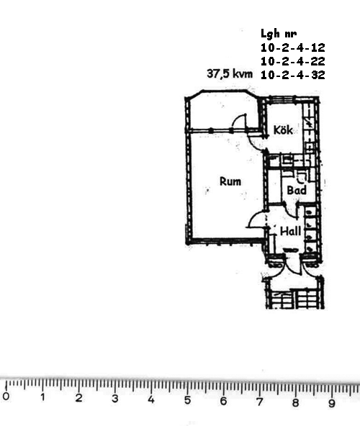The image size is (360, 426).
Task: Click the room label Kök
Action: point(283,130)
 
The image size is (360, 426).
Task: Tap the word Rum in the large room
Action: point(230,181)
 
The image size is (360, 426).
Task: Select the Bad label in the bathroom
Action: point(297,190)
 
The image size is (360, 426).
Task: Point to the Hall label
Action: point(290,231)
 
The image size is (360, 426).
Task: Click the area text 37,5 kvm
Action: point(230,73)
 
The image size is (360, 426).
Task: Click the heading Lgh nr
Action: point(279,34)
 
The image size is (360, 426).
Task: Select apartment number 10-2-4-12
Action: point(293,47)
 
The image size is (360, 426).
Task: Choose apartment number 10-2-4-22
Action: point(293,61)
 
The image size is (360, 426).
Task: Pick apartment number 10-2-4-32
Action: point(293,75)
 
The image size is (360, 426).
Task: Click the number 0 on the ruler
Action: point(6,396)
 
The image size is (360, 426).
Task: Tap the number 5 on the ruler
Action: point(187,400)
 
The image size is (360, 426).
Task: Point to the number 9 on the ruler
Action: point(331,403)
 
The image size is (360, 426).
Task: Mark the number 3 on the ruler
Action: point(114,398)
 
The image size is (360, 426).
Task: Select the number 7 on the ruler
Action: point(259,402)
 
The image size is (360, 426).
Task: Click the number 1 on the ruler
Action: point(42,397)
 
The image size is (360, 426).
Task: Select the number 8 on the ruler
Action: point(295,402)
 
